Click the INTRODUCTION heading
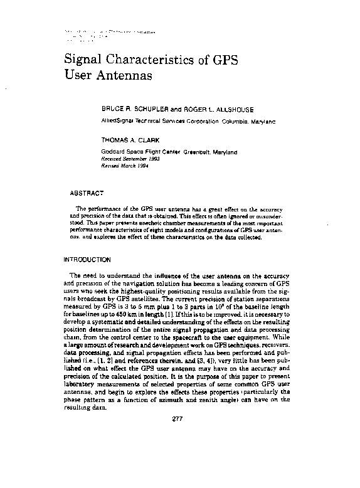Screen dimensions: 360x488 tap(87, 259)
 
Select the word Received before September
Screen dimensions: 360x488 tap(113, 159)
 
